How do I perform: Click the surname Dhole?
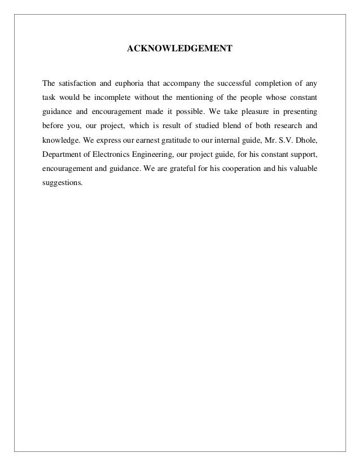pyautogui.click(x=305, y=140)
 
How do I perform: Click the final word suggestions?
pyautogui.click(x=63, y=183)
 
